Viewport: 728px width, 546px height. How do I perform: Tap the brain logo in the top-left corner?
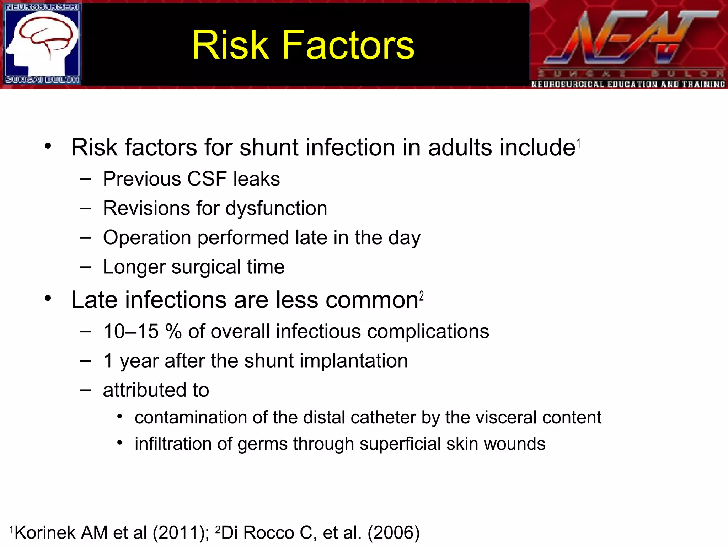click(42, 44)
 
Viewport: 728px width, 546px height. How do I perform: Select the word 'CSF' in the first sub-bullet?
click(207, 178)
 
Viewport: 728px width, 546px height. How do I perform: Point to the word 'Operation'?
click(147, 237)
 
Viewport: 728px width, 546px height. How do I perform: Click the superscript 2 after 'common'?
click(422, 296)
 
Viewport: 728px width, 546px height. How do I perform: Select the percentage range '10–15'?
click(131, 331)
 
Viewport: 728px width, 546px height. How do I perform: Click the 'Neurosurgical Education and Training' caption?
click(628, 85)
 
